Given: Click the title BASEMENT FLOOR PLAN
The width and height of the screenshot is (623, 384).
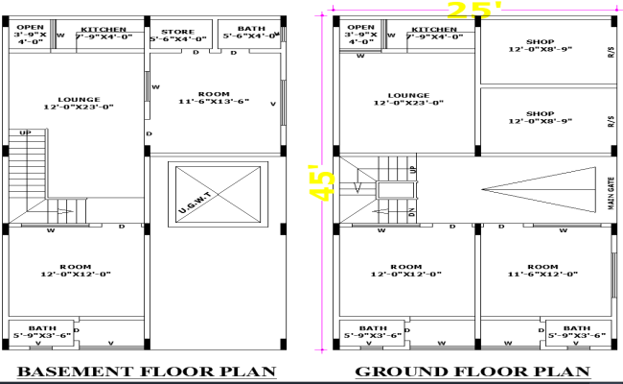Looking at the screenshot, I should point(148,372).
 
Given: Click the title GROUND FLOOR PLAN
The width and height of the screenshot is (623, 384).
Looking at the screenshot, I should point(473,372).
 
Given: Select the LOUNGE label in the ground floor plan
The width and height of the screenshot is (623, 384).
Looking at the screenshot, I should point(407,100).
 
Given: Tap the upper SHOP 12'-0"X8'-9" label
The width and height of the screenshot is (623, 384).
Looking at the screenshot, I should point(540,44).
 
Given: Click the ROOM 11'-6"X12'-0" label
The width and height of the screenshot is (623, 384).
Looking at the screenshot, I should point(542,270).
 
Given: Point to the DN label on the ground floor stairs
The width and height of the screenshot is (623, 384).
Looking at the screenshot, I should point(411,213).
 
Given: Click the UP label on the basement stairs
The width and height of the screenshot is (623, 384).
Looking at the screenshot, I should point(25,133).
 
